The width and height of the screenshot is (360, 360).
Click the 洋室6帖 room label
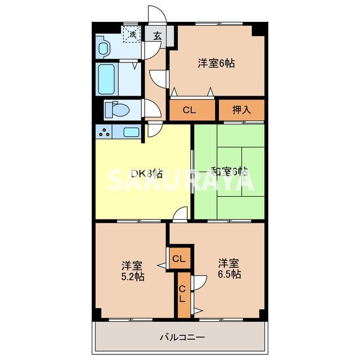click(x=216, y=63)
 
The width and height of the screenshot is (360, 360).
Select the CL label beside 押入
click(x=189, y=110)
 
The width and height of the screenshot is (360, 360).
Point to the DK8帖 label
click(x=147, y=173)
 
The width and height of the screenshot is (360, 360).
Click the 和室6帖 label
click(x=229, y=172)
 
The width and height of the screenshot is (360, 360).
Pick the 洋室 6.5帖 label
click(x=229, y=268)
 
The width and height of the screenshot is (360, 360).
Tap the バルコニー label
click(x=182, y=337)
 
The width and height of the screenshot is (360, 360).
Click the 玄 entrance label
click(x=157, y=35)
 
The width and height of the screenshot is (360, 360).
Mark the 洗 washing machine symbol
click(x=133, y=35)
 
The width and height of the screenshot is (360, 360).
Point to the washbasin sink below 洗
click(x=104, y=47)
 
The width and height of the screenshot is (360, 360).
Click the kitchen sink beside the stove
click(x=131, y=133)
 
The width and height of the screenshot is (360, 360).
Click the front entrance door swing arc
click(x=155, y=16)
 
